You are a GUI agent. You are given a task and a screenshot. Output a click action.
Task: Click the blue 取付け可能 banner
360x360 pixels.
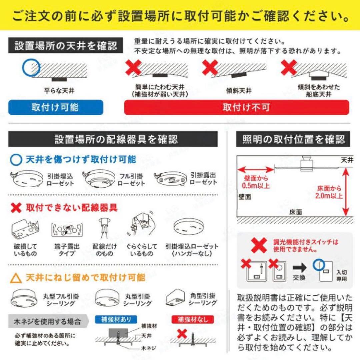[x=55, y=107]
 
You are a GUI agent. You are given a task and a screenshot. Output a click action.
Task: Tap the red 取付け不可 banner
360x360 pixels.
[x=236, y=107]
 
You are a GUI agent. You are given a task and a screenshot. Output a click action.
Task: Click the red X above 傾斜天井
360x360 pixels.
[x=210, y=68]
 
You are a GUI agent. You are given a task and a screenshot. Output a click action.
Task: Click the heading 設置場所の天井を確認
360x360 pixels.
[x=66, y=46]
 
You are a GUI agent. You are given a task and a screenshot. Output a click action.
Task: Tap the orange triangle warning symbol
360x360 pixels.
[x=16, y=278]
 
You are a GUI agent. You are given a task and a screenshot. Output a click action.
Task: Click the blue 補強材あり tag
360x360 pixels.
[x=113, y=319]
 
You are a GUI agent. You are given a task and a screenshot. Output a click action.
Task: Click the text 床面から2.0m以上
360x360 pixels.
[x=329, y=192]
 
